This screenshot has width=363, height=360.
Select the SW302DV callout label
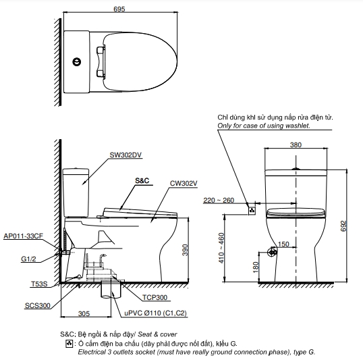click(x=125, y=155)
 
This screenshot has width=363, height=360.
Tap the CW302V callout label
click(x=184, y=182)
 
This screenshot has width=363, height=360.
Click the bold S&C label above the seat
click(x=142, y=181)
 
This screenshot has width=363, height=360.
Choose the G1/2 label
click(x=28, y=258)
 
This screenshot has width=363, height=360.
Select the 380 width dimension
click(x=296, y=145)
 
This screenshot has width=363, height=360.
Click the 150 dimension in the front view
click(x=284, y=244)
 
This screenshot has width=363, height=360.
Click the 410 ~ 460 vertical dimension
click(x=223, y=249)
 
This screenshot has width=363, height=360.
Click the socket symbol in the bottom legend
click(x=68, y=344)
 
